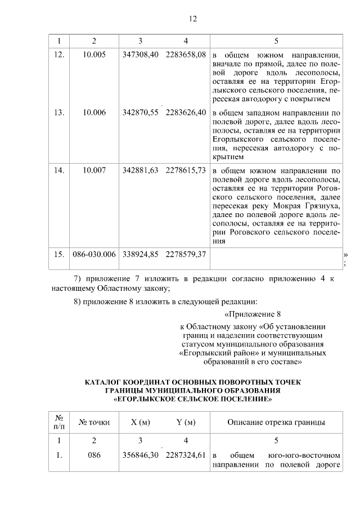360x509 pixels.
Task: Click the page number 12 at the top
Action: point(192,19)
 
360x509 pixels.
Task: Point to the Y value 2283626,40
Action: point(186,112)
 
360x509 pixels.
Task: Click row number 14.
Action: point(59,169)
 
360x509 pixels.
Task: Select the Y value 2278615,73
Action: point(186,169)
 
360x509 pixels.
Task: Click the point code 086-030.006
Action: point(94,254)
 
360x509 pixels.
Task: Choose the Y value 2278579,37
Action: point(186,254)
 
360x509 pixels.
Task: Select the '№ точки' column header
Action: point(94,422)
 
